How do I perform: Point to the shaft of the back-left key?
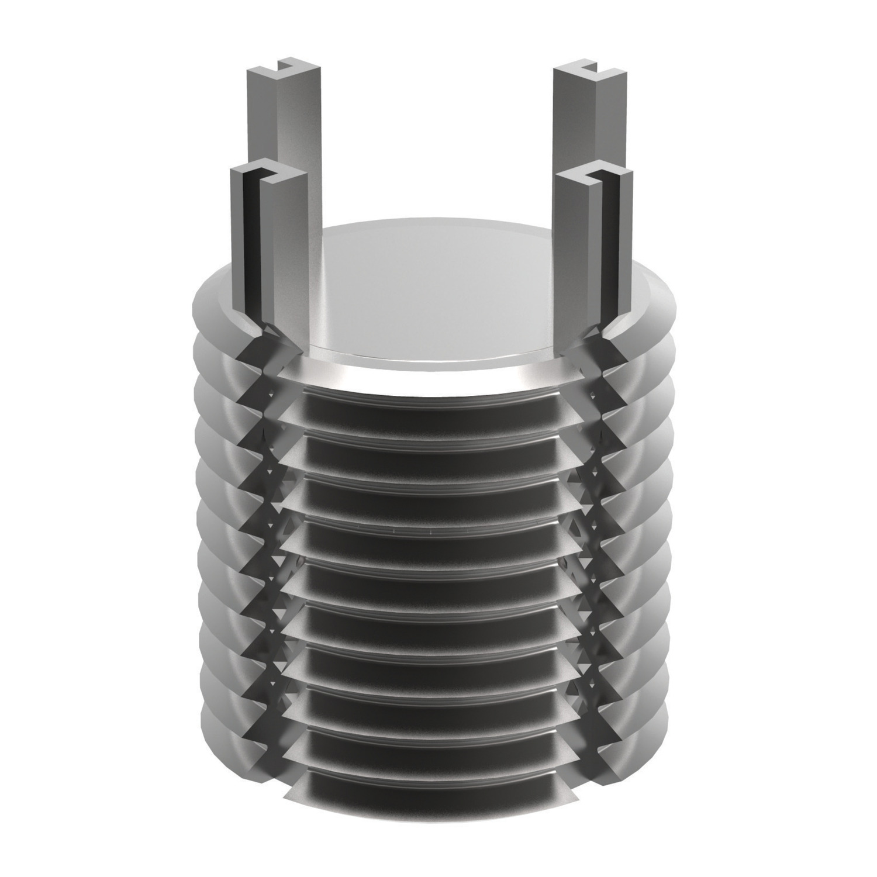[298, 146]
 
